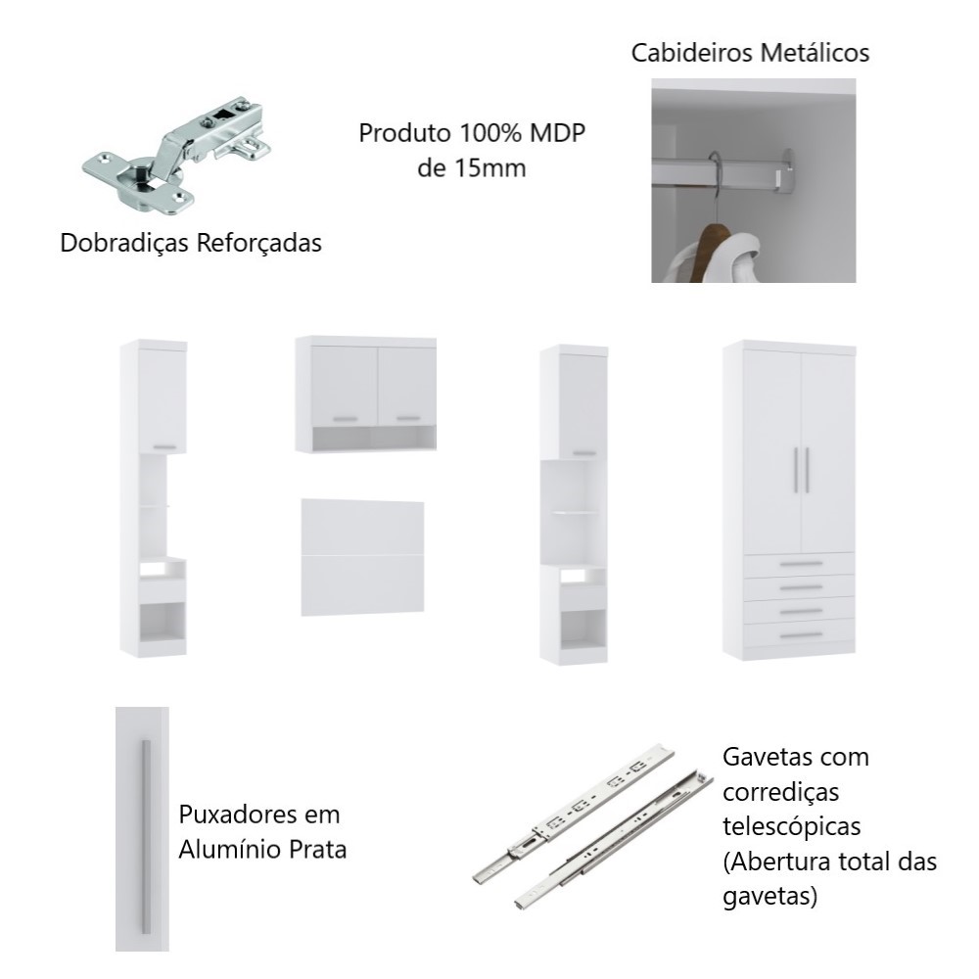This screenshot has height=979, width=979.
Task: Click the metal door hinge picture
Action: point(176,156)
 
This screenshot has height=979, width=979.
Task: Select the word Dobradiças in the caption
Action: point(124,243)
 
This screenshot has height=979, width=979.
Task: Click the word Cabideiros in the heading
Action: point(690,53)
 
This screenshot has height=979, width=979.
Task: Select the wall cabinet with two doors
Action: point(366,394)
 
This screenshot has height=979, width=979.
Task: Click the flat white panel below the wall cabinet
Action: point(363,557)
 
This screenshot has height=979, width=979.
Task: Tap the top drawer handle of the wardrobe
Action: point(801,564)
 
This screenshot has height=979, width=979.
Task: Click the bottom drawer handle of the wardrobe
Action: point(801,635)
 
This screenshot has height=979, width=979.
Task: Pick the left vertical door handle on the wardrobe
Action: point(796,470)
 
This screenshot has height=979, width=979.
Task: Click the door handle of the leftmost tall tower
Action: point(165,447)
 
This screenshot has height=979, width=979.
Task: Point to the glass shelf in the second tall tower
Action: point(575,513)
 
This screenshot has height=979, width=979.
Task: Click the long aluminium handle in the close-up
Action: point(146,837)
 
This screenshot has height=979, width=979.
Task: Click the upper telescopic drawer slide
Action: point(574,813)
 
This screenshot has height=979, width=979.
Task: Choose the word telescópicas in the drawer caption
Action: point(792,826)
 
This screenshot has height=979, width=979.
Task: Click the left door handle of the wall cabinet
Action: point(346,419)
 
